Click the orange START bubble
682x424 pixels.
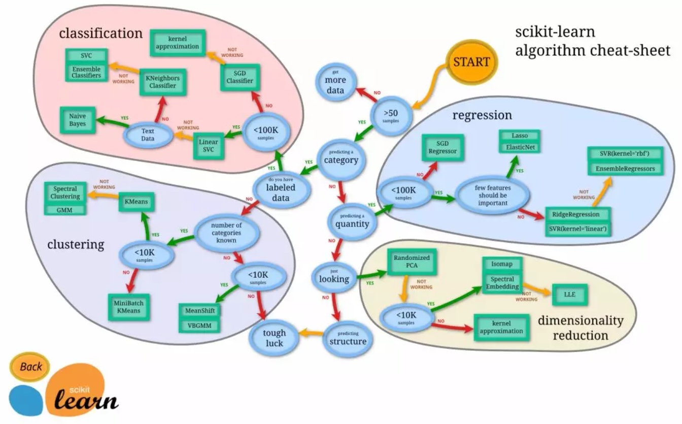coord(471,62)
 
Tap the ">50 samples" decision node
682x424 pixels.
coord(391,114)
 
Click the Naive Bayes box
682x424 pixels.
coord(78,120)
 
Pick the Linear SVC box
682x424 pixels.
coord(208,145)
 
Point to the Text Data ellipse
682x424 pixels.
coord(148,135)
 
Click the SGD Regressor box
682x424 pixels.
coord(442,147)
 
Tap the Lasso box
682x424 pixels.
coord(520,136)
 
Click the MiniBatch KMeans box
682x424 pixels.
coord(128,306)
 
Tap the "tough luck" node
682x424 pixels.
coord(274,338)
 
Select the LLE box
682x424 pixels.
coord(569,295)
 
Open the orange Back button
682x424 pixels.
coord(31,366)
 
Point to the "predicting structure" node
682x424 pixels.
coord(348,338)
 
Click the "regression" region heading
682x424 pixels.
coord(482,115)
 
